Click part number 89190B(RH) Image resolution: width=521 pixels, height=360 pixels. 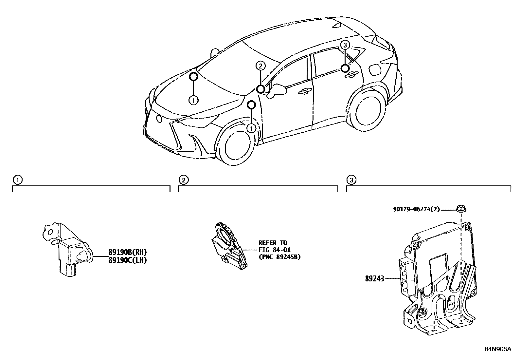click(127, 252)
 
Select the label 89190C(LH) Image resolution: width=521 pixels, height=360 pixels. click(127, 260)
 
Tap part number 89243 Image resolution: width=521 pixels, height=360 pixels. click(374, 279)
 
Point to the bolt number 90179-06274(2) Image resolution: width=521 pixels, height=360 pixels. click(417, 209)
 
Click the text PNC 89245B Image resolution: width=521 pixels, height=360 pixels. click(279, 257)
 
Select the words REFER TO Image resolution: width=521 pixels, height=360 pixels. click(273, 243)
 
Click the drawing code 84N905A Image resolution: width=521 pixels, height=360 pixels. click(497, 349)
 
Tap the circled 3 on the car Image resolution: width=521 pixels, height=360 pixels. click(345, 45)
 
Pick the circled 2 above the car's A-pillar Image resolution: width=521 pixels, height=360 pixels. click(260, 66)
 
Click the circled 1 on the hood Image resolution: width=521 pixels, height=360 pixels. click(193, 100)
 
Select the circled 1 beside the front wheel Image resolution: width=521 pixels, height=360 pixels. click(251, 128)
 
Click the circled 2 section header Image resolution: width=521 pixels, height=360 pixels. click(183, 180)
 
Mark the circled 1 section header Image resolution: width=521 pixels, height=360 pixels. click(17, 180)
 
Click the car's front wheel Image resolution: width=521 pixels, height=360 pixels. click(237, 144)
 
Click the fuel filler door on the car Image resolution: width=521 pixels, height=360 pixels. click(375, 69)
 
